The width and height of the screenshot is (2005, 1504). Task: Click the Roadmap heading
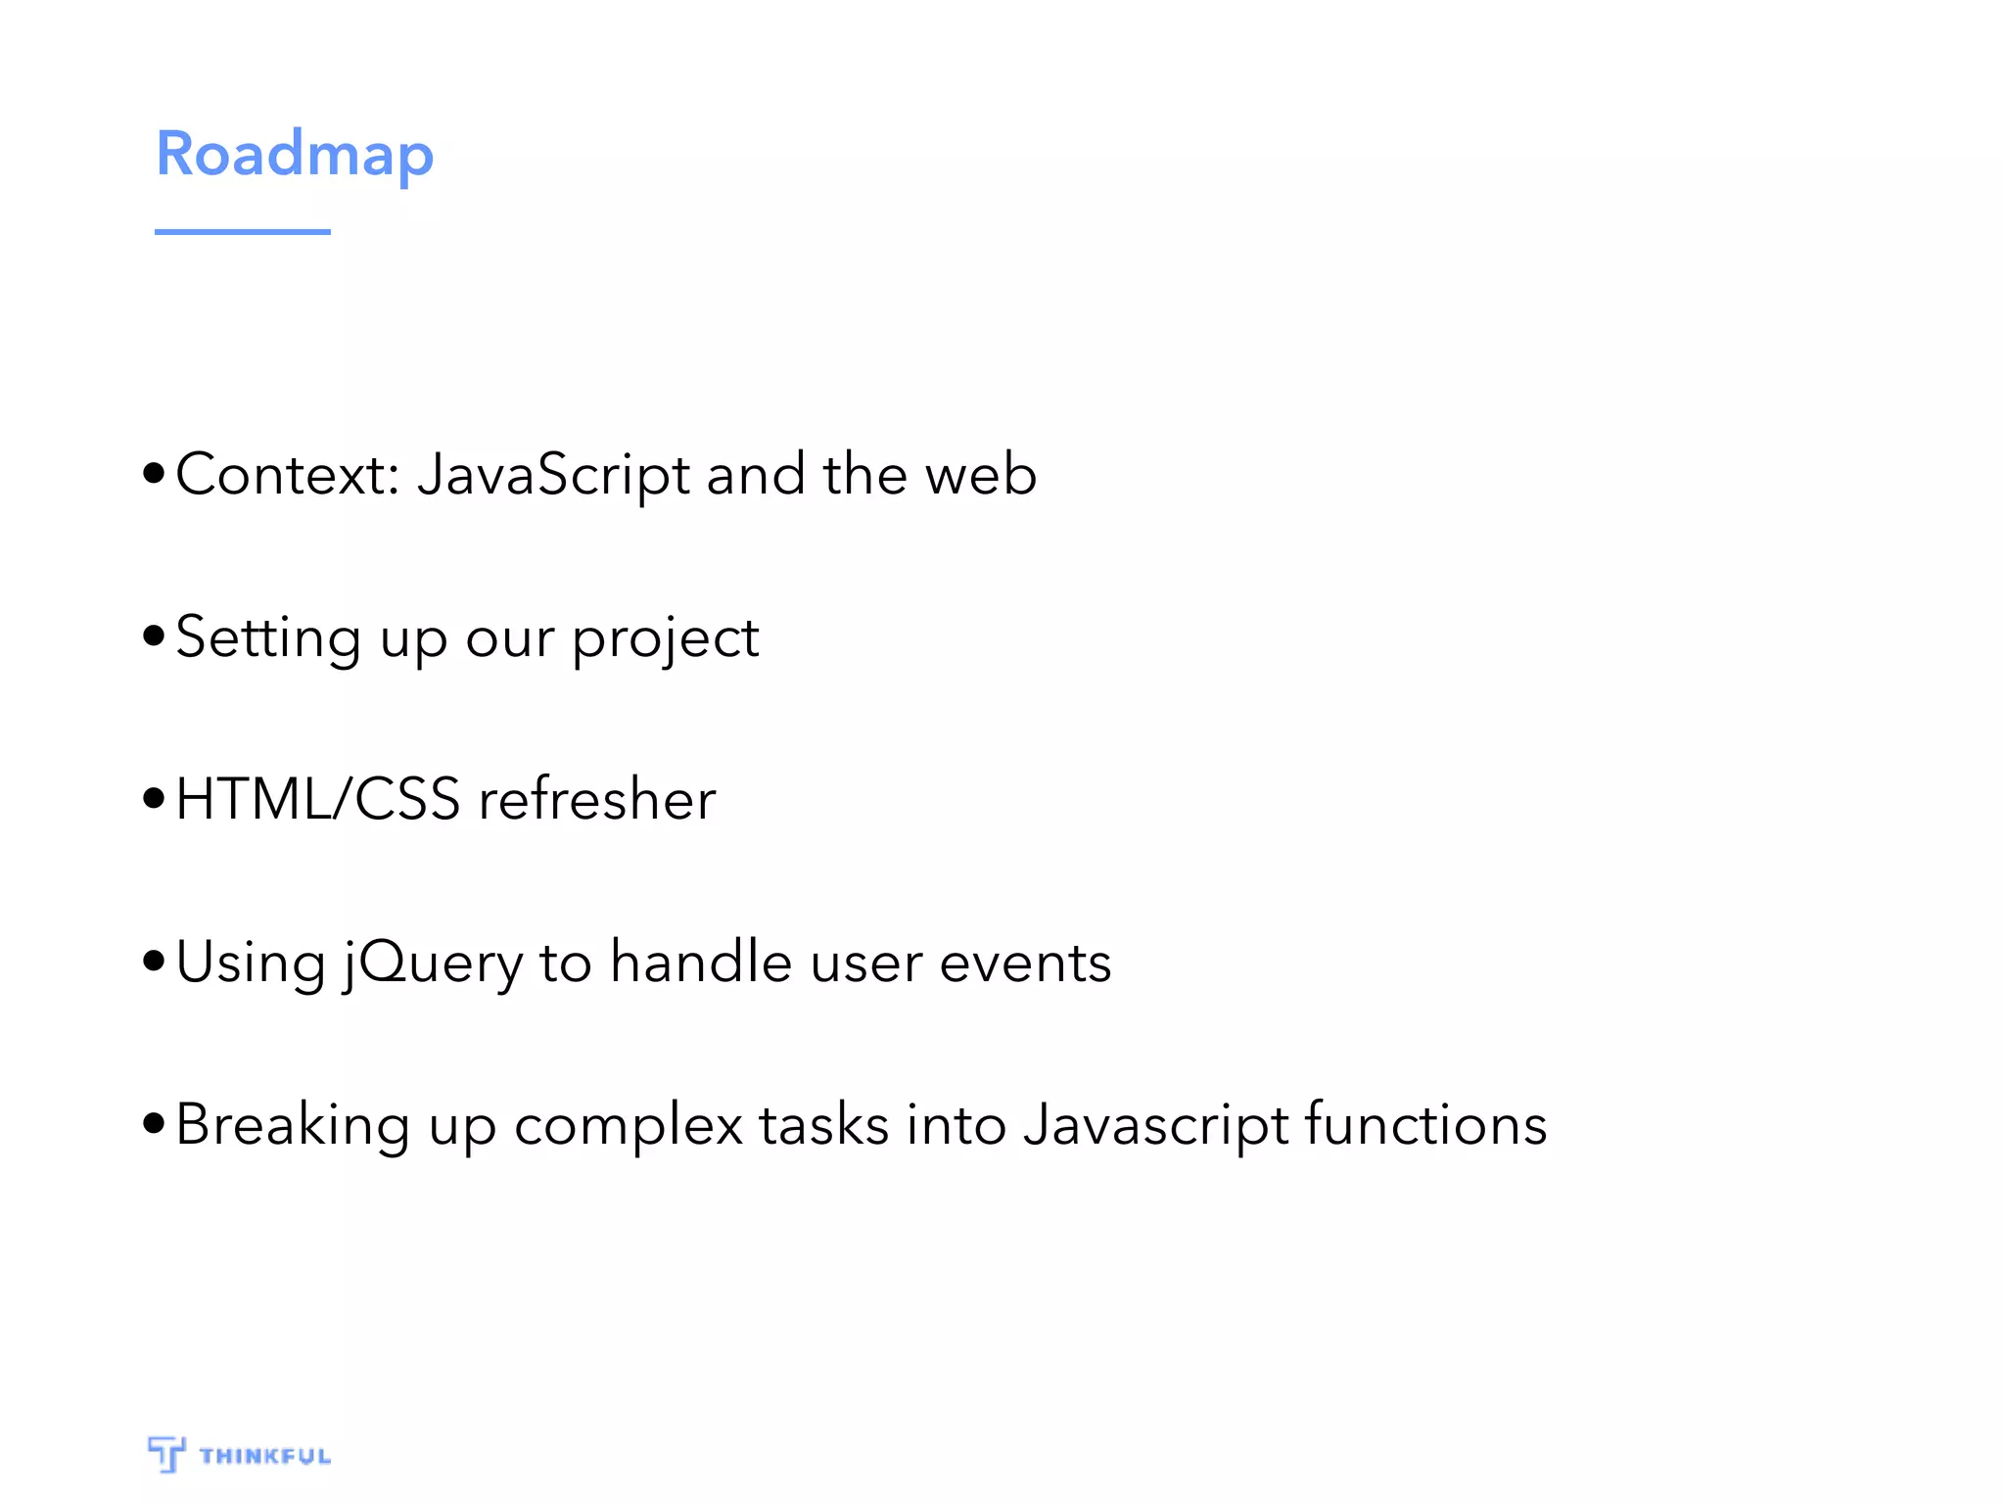pos(295,155)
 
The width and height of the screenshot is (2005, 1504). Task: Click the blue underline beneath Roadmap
pos(243,232)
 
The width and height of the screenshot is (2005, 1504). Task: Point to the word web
pos(981,475)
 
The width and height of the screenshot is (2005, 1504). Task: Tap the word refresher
pos(597,799)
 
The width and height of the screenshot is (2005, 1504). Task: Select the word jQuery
pos(433,963)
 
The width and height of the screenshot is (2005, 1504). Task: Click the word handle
pos(701,962)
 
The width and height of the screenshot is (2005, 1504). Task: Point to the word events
pos(1025,963)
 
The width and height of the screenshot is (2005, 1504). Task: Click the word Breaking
pos(293,1125)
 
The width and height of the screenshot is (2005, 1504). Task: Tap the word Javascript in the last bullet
pos(1156,1125)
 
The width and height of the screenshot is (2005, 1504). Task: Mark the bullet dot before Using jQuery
pos(154,961)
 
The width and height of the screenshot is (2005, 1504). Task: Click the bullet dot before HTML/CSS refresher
pos(154,798)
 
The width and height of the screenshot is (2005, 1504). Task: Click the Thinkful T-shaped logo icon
pos(166,1453)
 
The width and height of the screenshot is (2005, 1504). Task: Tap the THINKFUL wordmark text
pos(265,1456)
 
